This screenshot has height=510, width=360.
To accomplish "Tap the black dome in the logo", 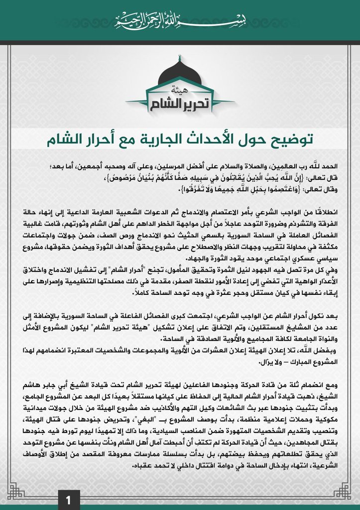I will [180, 74].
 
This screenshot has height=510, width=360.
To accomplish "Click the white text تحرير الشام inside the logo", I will [180, 102].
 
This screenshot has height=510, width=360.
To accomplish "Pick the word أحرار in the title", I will [87, 140].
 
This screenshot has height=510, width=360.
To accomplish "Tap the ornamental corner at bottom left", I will [15, 491].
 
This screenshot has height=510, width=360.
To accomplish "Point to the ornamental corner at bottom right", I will [345, 491].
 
